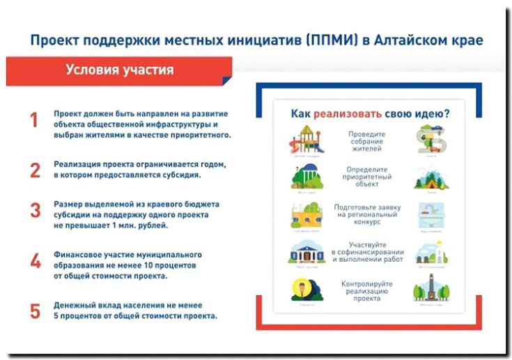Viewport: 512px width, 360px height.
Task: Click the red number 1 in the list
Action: tap(33, 120)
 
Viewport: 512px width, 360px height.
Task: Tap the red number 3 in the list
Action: tap(35, 211)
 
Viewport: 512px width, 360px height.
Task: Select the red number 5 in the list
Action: tap(35, 311)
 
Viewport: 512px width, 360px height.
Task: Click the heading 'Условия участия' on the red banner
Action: tap(120, 70)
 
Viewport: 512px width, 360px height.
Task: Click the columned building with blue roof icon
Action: tap(307, 251)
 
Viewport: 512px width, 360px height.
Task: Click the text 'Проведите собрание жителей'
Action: tap(367, 140)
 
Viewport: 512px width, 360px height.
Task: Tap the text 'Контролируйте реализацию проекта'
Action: tap(367, 290)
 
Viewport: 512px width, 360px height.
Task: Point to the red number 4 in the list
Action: tap(35, 261)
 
